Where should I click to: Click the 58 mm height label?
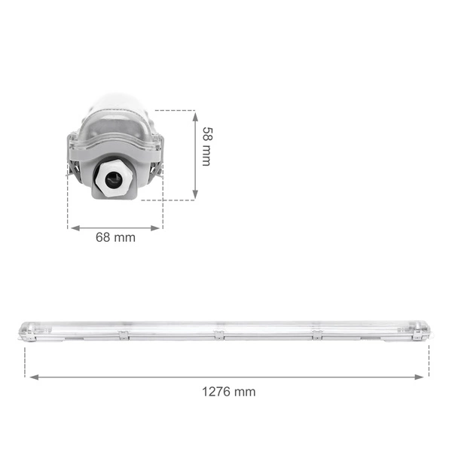pos(206,145)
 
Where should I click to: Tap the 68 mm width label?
pos(115,237)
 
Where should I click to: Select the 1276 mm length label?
pos(228,392)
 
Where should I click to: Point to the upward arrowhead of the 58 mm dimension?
pos(195,115)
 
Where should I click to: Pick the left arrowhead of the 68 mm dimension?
pos(72,226)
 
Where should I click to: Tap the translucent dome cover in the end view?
pos(115,121)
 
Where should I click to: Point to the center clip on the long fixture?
pos(218,334)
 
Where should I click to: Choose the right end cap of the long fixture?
pos(423,332)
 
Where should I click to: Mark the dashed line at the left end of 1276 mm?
pos(25,362)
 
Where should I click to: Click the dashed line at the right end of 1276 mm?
pos(429,362)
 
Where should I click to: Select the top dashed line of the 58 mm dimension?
pos(177,111)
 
